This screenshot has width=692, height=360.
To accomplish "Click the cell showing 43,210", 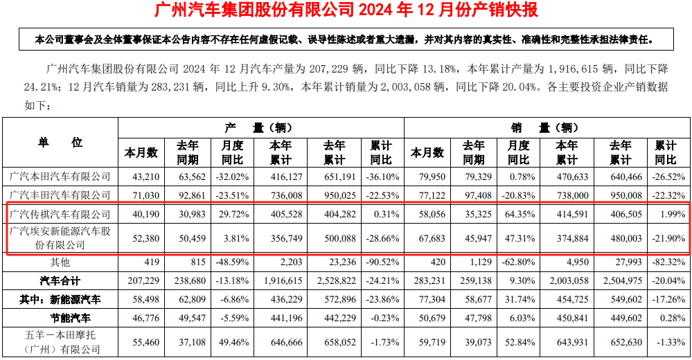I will pos(141,177).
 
